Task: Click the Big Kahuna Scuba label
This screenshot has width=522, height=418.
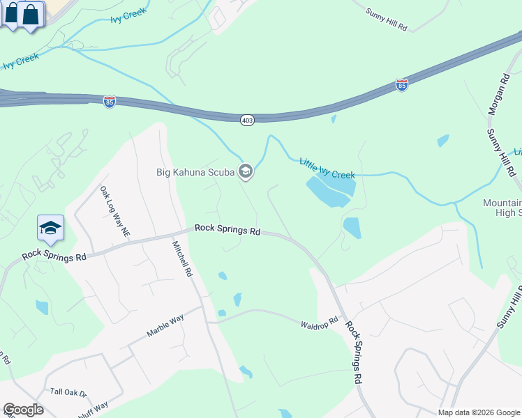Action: click(195, 171)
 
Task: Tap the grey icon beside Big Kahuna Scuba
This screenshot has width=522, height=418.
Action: click(245, 171)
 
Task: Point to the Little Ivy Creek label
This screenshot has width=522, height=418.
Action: click(327, 168)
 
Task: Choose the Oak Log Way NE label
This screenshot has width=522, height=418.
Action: click(116, 210)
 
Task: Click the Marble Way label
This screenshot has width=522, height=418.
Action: click(165, 325)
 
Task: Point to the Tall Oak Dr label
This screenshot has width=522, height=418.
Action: click(68, 393)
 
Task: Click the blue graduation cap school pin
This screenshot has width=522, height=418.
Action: click(50, 229)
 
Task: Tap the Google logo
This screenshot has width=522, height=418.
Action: click(22, 410)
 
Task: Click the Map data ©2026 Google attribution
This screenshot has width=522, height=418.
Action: click(479, 412)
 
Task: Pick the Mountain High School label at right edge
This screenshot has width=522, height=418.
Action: click(502, 208)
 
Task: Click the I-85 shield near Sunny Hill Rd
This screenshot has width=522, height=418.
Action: click(401, 85)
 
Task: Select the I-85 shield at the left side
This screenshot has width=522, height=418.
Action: click(110, 102)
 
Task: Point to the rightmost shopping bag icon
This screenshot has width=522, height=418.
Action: click(31, 14)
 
